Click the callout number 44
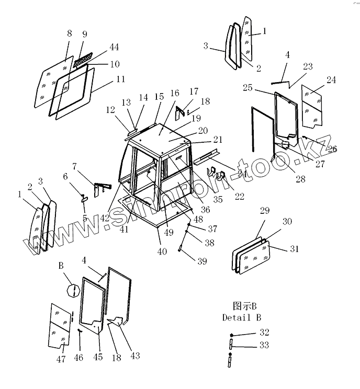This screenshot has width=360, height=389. click(x=114, y=47)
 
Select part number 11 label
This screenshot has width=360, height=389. click(x=121, y=80)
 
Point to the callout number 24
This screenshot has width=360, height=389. click(x=331, y=80)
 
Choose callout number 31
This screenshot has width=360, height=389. click(x=294, y=249)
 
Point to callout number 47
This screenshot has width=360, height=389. click(x=61, y=360)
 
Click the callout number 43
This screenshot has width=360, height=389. click(x=135, y=356)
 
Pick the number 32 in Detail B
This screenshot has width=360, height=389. click(x=264, y=332)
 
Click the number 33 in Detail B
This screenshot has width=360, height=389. click(x=264, y=345)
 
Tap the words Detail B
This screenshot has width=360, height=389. click(x=241, y=317)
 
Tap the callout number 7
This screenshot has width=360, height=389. click(x=75, y=166)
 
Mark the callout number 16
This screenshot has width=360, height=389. click(x=175, y=93)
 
